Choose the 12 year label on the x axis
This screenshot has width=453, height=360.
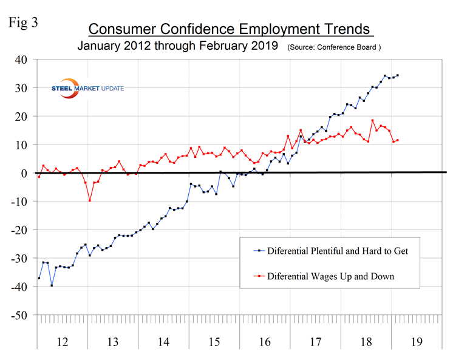pyautogui.click(x=62, y=342)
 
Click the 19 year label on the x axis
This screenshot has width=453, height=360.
pyautogui.click(x=416, y=342)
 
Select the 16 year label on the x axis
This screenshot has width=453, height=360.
pyautogui.click(x=264, y=342)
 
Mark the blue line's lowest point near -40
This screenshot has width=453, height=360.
pyautogui.click(x=52, y=285)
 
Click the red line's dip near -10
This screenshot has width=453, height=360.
pyautogui.click(x=90, y=200)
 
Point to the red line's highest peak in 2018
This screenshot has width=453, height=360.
pyautogui.click(x=372, y=120)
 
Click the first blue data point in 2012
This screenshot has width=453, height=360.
pyautogui.click(x=39, y=278)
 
